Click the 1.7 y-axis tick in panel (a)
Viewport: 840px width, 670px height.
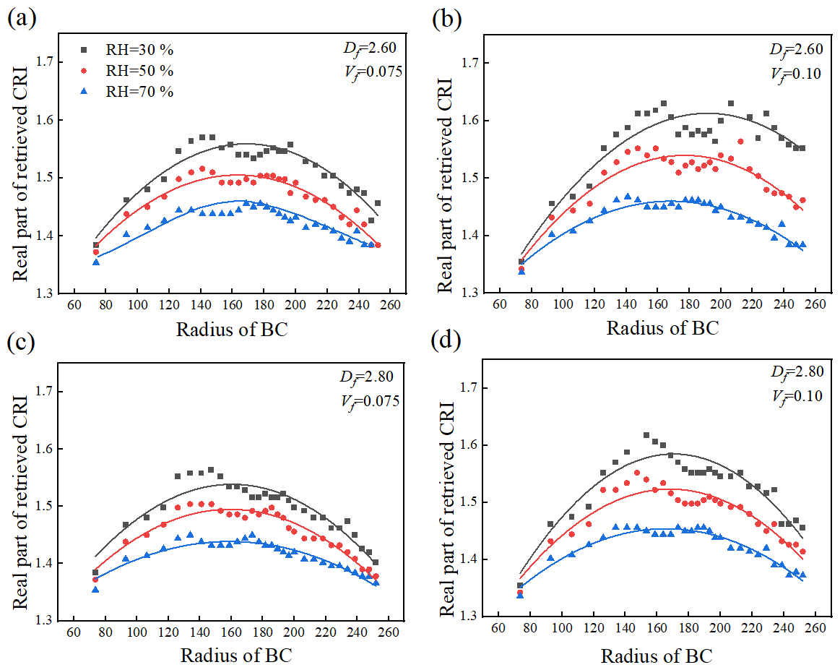click(x=46, y=62)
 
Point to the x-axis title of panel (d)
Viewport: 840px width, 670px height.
click(x=656, y=656)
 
